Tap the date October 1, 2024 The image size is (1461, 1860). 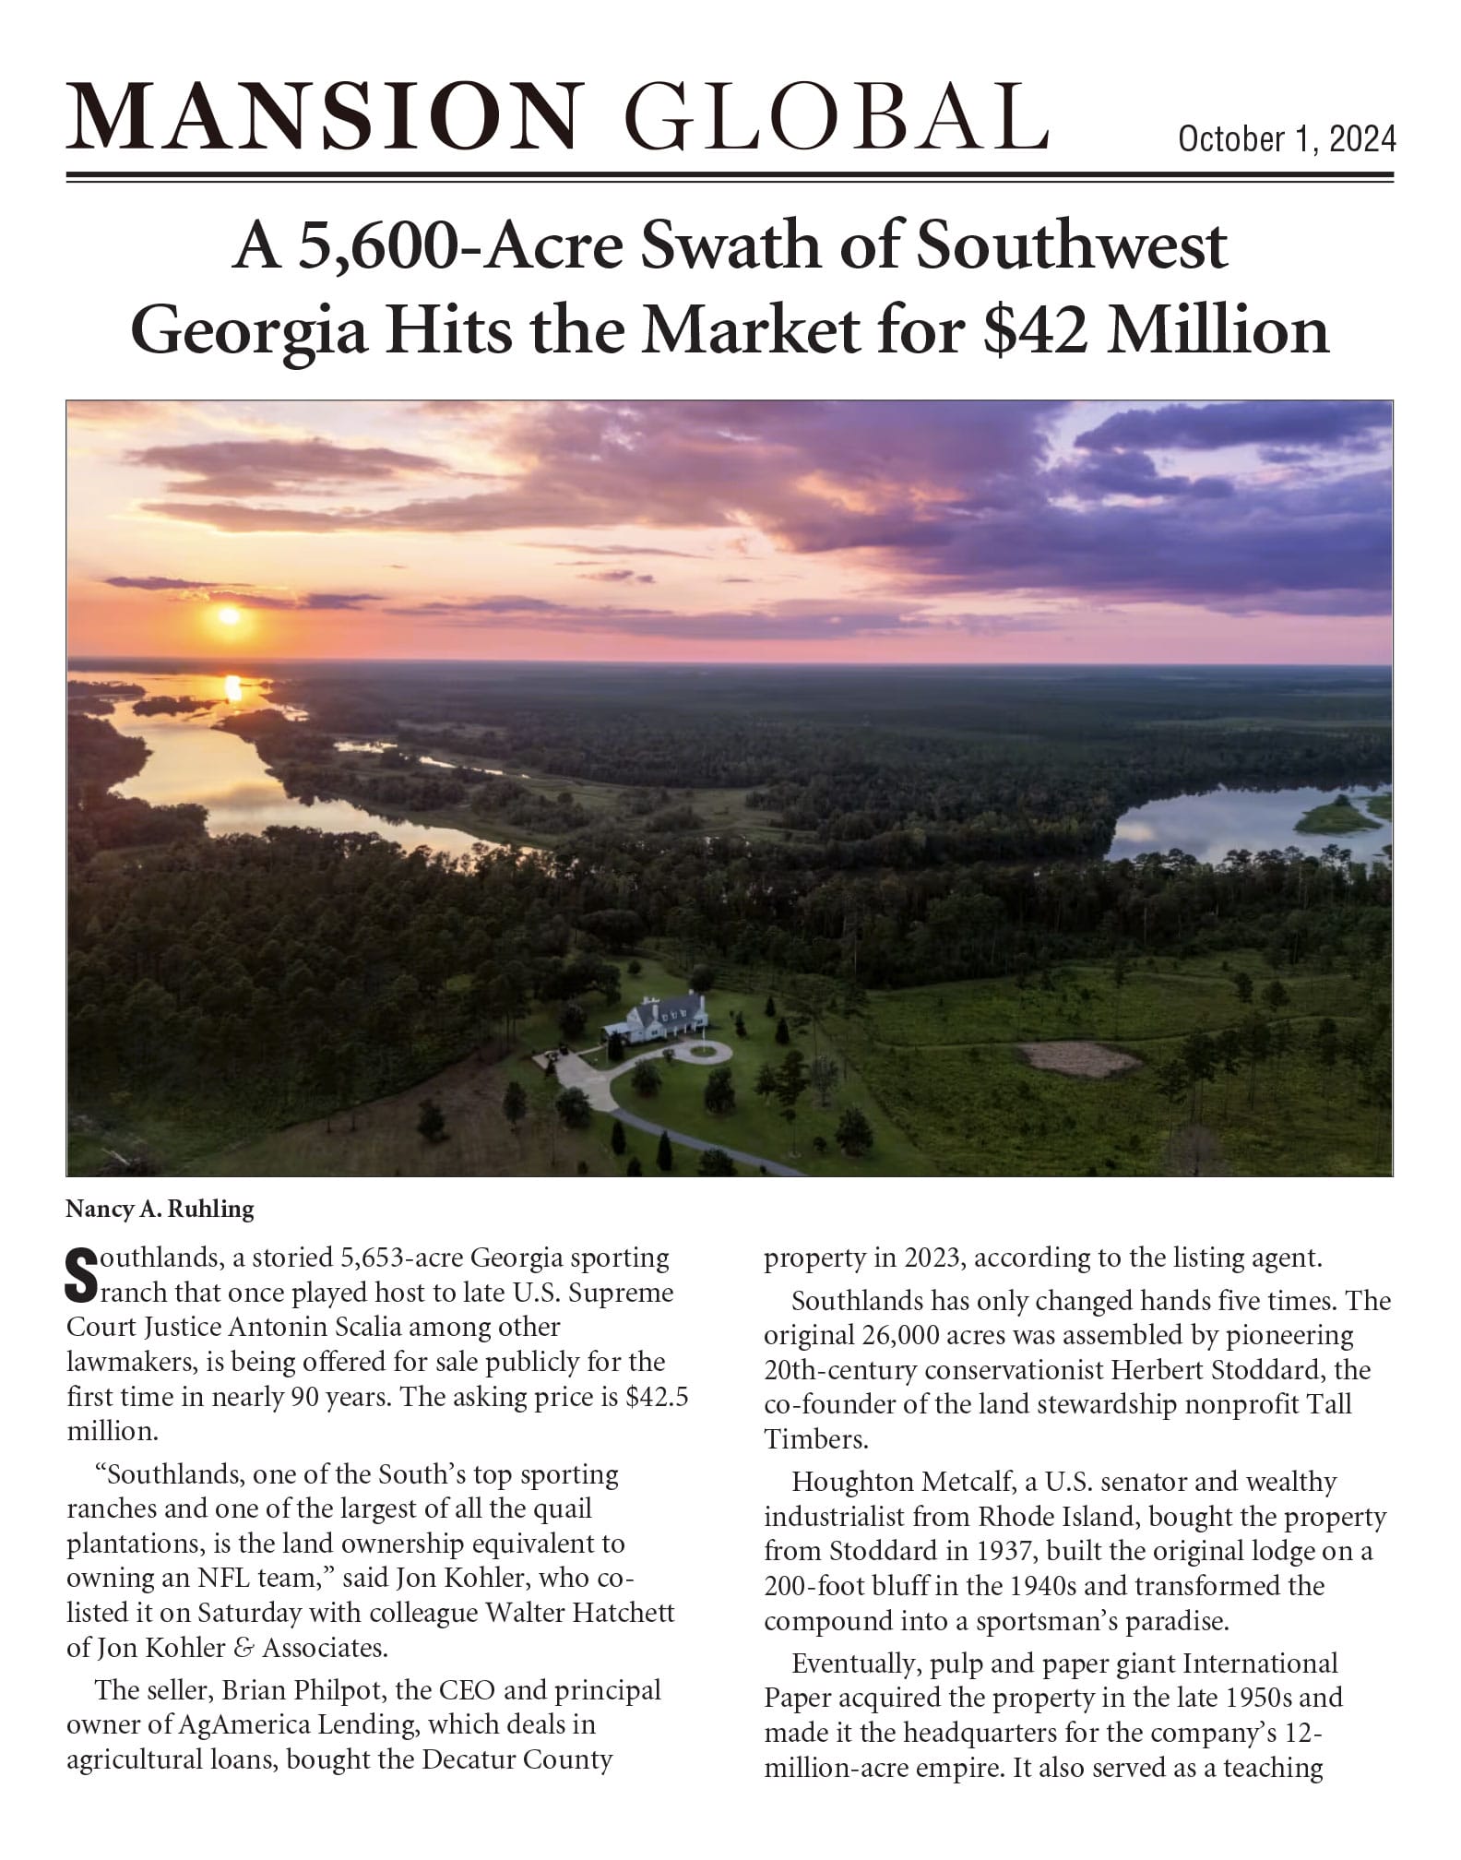(x=1287, y=139)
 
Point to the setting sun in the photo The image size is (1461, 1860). (x=229, y=615)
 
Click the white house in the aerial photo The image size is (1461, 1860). (x=656, y=1019)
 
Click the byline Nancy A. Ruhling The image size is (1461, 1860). (x=160, y=1209)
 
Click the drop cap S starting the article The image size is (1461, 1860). (x=82, y=1274)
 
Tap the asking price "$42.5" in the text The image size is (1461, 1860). (x=657, y=1397)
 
